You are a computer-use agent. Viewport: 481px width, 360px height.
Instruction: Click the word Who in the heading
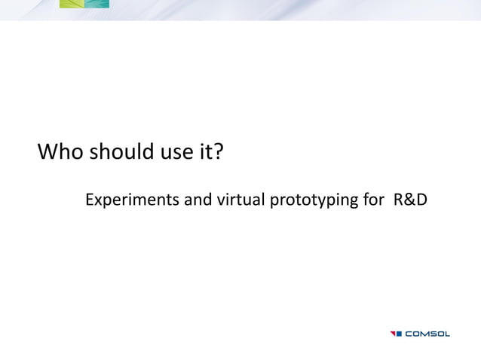(62, 154)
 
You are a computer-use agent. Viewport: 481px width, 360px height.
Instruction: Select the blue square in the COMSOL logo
(400, 334)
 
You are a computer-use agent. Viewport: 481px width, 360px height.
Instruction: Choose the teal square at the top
(97, 4)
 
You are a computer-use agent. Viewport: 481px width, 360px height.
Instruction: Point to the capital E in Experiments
(90, 201)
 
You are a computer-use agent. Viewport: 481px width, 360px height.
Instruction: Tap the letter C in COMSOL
(410, 334)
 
